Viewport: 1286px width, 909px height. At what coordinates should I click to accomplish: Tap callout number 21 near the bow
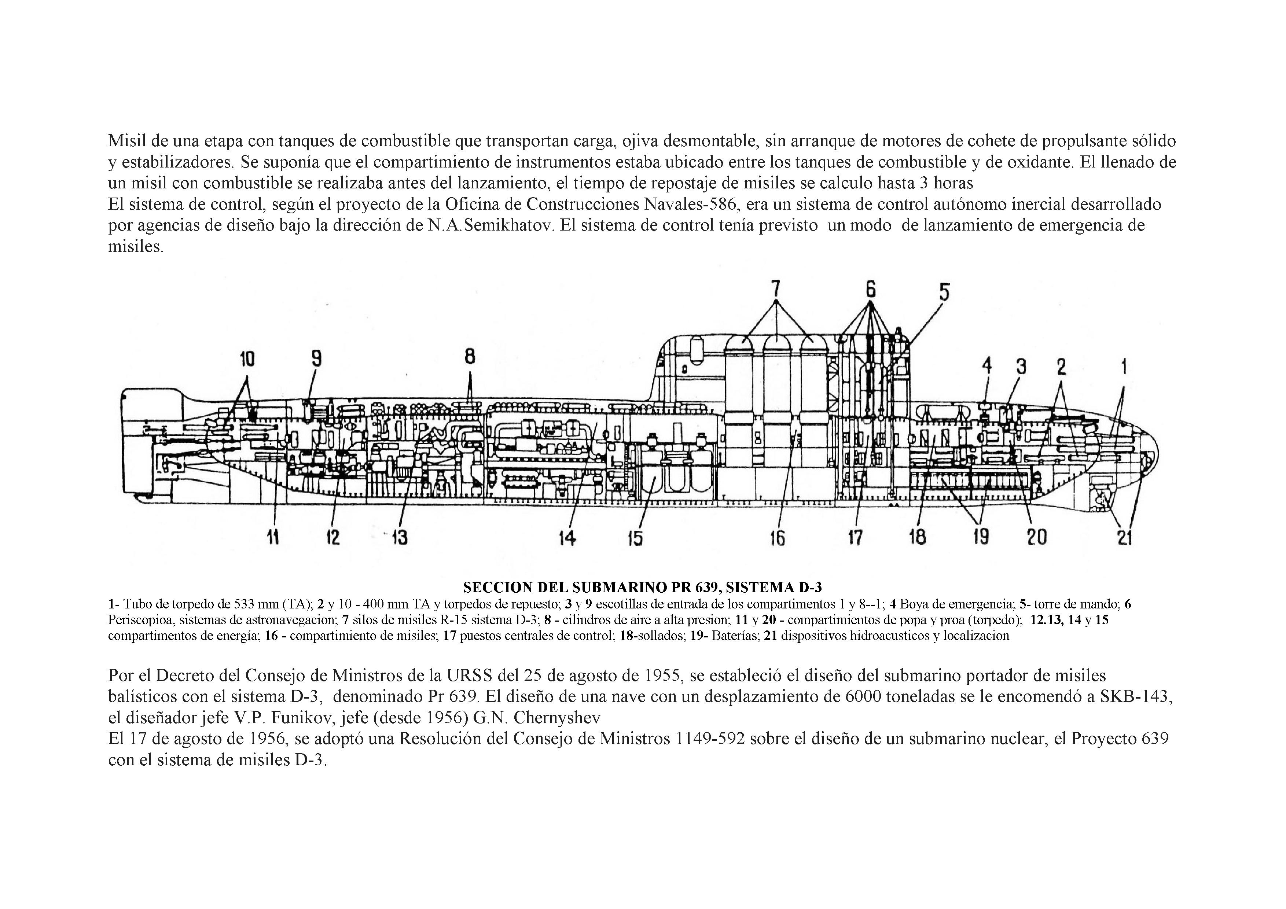click(x=1125, y=538)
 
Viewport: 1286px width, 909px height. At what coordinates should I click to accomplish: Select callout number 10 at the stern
click(x=247, y=359)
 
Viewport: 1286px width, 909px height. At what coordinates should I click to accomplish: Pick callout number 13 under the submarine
click(x=399, y=538)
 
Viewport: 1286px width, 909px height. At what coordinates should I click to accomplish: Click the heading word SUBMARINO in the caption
click(x=619, y=588)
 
